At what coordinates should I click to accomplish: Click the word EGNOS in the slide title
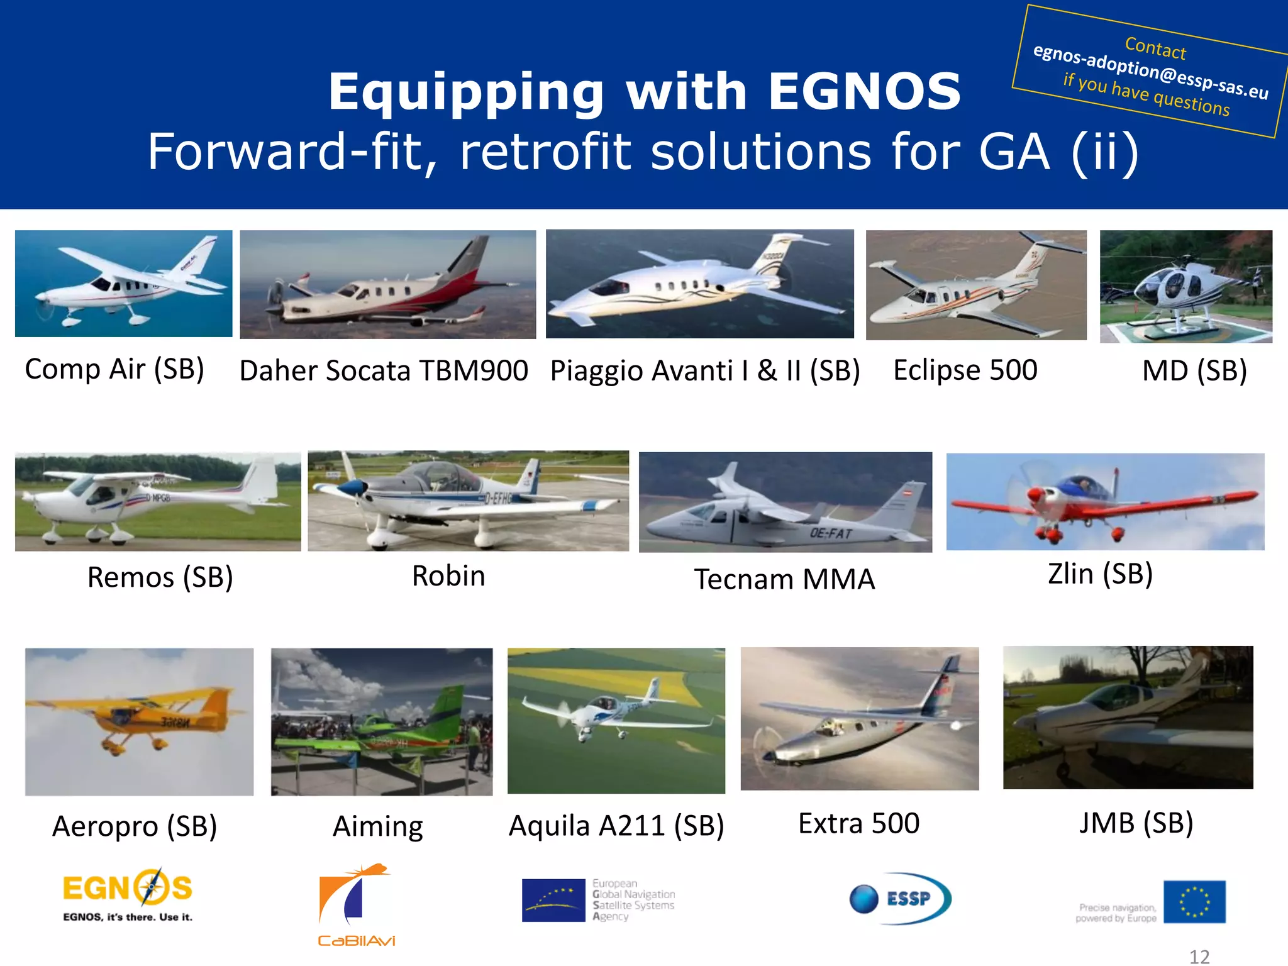tap(864, 92)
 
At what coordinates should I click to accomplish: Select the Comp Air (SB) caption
tap(114, 369)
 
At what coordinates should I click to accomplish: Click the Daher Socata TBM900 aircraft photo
tap(387, 284)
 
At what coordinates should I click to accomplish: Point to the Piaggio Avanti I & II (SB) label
tap(704, 371)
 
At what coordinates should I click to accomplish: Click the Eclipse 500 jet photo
tap(975, 285)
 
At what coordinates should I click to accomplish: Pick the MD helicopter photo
tap(1185, 286)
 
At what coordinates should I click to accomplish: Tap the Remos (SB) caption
tap(160, 577)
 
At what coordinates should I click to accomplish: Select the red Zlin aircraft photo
tap(1104, 502)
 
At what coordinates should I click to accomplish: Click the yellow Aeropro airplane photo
tap(139, 721)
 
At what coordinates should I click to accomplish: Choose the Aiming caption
tap(377, 826)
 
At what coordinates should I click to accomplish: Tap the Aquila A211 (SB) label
tap(616, 826)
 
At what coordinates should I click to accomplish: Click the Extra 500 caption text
tap(858, 824)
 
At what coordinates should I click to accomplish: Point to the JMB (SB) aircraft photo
tap(1128, 718)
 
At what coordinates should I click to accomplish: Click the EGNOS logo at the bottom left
tap(128, 894)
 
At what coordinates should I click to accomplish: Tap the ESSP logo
tap(900, 898)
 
